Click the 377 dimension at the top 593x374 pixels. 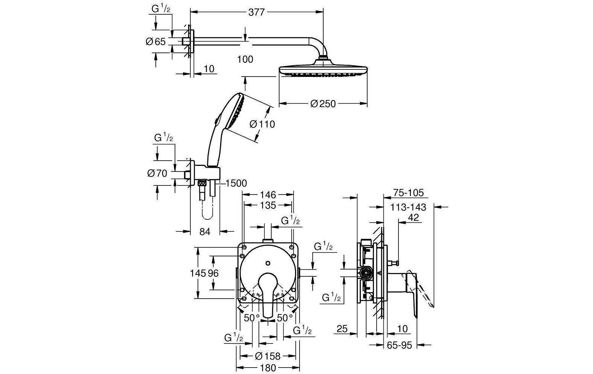coord(257,12)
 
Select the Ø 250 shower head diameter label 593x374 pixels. coord(323,103)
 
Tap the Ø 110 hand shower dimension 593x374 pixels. coord(262,124)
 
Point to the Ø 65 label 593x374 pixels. coord(155,41)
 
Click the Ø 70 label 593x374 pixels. coord(157,173)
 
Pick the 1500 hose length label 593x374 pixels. coord(236,183)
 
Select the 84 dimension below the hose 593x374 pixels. coord(204,231)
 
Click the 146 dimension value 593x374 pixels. coord(268,195)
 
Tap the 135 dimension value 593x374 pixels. coord(268,205)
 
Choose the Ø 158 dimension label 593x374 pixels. coord(268,356)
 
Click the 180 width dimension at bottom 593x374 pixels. coord(268,368)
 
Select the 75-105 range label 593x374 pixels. coord(408,193)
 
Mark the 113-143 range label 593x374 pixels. coord(408,207)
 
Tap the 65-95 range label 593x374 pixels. coord(400,345)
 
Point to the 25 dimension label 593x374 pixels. coord(342,329)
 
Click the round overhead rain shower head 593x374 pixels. coord(323,70)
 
